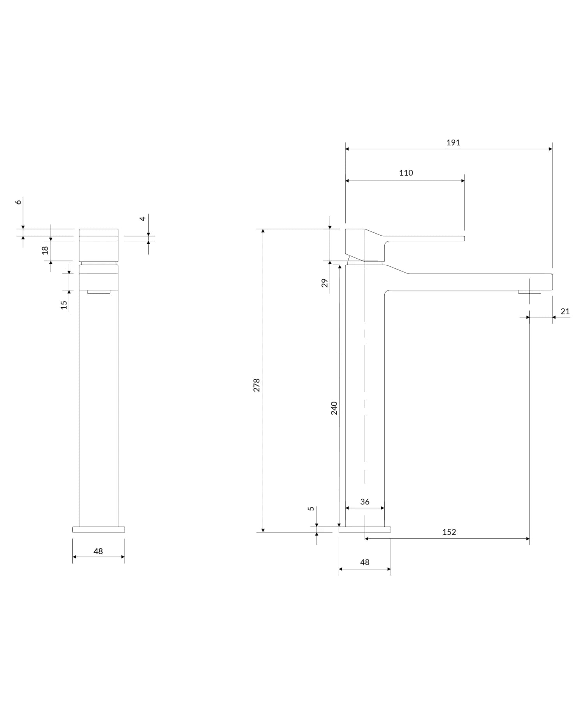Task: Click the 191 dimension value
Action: tap(453, 143)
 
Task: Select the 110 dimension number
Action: tap(406, 173)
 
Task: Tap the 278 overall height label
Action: tap(257, 385)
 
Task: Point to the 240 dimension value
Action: tap(334, 408)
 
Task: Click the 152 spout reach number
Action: tap(449, 532)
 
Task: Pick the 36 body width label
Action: tap(365, 502)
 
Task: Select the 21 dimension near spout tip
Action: tap(565, 311)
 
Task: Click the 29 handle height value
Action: tap(325, 283)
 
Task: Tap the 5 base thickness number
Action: tap(311, 509)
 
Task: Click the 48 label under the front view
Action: tap(98, 551)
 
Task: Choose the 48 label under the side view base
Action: tap(365, 562)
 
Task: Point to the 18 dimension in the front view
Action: tap(46, 250)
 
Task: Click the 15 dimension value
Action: tap(64, 305)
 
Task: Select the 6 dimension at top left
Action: tap(18, 202)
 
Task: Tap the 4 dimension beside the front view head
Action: tap(143, 219)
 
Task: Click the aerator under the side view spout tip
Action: tap(529, 292)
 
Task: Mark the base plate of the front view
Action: tap(99, 529)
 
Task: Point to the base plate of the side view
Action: tap(365, 529)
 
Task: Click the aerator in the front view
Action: tap(99, 292)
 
